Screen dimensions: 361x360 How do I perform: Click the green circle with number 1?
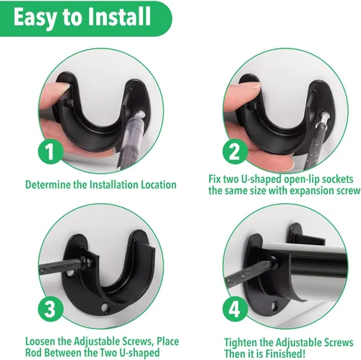click(x=51, y=152)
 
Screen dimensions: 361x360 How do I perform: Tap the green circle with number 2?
click(x=235, y=152)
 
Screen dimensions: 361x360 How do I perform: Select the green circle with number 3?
click(x=51, y=309)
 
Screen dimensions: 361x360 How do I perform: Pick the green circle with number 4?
click(x=235, y=309)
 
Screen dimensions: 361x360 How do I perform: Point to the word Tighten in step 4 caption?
click(x=240, y=343)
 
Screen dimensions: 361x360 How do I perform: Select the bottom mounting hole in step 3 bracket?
click(x=105, y=307)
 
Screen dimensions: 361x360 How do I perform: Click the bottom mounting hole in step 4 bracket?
click(x=274, y=307)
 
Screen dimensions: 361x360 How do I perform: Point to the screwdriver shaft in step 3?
click(x=60, y=266)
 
